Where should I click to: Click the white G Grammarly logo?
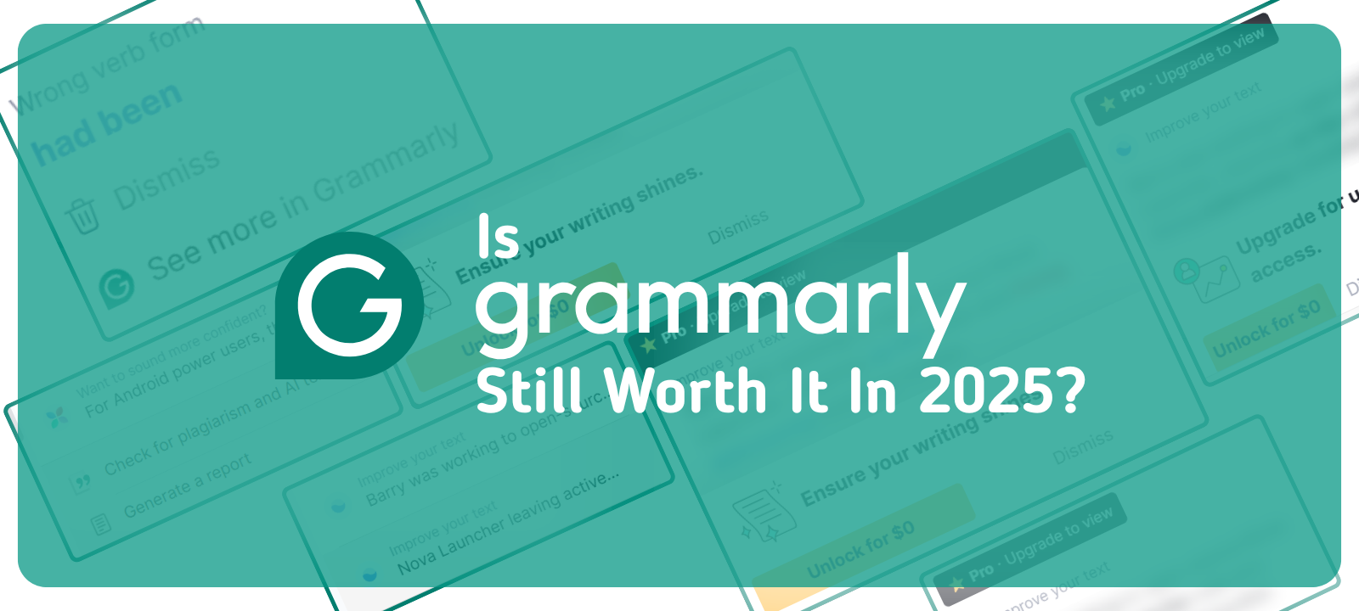[x=350, y=305]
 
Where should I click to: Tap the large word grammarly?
[x=720, y=301]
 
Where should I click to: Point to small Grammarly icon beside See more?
[x=116, y=287]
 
